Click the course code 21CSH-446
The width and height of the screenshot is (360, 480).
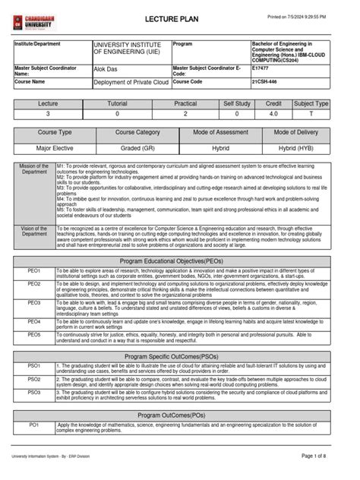pyautogui.click(x=267, y=81)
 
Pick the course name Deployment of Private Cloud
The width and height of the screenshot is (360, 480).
pyautogui.click(x=131, y=81)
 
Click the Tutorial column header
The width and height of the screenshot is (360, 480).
pyautogui.click(x=117, y=103)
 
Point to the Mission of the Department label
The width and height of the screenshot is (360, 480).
pyautogui.click(x=34, y=169)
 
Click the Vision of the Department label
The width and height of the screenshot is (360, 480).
pyautogui.click(x=34, y=232)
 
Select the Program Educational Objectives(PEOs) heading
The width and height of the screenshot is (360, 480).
pyautogui.click(x=179, y=261)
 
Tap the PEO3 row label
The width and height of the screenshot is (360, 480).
pyautogui.click(x=34, y=302)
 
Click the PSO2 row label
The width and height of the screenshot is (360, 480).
pyautogui.click(x=34, y=377)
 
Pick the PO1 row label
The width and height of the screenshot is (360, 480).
pyautogui.click(x=34, y=425)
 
